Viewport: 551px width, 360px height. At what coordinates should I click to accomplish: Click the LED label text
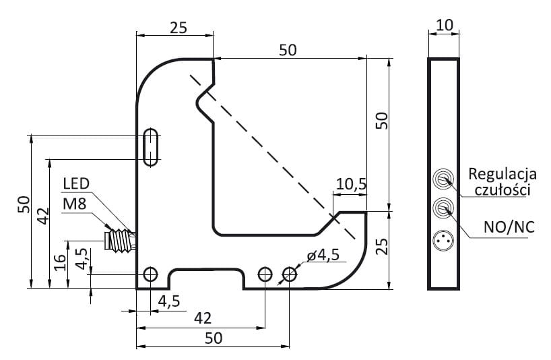tap(76, 183)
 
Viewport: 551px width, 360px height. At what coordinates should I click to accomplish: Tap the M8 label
tap(75, 204)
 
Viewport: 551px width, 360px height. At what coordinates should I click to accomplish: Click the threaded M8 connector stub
tap(120, 241)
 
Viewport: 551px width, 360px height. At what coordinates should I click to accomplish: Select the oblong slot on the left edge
tap(151, 148)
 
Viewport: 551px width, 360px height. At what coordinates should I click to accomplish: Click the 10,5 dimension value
tap(351, 184)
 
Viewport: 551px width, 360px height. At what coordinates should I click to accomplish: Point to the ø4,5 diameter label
tap(323, 255)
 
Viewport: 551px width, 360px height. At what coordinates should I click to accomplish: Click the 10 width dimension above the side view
tap(444, 26)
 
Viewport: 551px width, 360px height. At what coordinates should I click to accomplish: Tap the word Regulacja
tap(502, 174)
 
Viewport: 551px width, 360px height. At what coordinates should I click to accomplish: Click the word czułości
tap(502, 190)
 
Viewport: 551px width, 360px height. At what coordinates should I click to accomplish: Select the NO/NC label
tap(509, 227)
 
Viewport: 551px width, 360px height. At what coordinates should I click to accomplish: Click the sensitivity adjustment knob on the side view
tap(443, 179)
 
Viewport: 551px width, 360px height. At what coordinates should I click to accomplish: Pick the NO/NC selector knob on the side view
tap(443, 209)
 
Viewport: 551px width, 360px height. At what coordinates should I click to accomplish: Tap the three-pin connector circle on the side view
tap(443, 241)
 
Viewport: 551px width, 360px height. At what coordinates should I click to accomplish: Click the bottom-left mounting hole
tap(151, 274)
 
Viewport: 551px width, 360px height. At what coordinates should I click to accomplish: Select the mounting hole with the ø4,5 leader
tap(290, 274)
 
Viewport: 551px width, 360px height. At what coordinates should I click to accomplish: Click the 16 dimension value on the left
tap(60, 262)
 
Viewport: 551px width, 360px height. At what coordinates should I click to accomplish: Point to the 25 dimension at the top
tap(179, 28)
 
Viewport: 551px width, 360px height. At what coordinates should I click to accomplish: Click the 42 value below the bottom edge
tap(203, 318)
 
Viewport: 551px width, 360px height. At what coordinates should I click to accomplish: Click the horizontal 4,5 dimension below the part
tap(169, 301)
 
